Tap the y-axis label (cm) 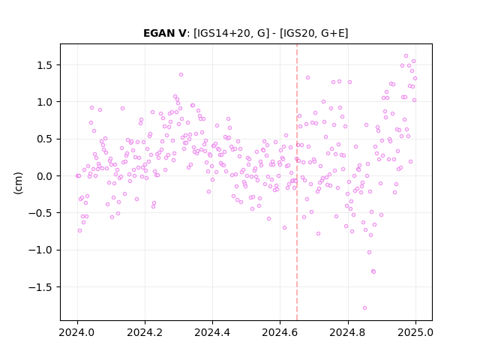click(18, 183)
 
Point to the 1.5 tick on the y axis click(45, 65)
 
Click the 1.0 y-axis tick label click(45, 102)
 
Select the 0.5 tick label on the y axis click(45, 139)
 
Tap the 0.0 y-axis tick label click(45, 176)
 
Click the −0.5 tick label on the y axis click(41, 213)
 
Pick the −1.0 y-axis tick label click(41, 250)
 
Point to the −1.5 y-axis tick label click(41, 287)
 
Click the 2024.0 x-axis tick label click(77, 332)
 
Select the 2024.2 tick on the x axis click(145, 332)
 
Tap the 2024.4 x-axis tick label click(212, 332)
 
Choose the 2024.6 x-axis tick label click(280, 332)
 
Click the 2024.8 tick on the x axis click(348, 332)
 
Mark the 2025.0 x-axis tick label click(415, 332)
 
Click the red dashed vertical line click(297, 182)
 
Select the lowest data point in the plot click(364, 308)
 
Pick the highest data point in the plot click(406, 56)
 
